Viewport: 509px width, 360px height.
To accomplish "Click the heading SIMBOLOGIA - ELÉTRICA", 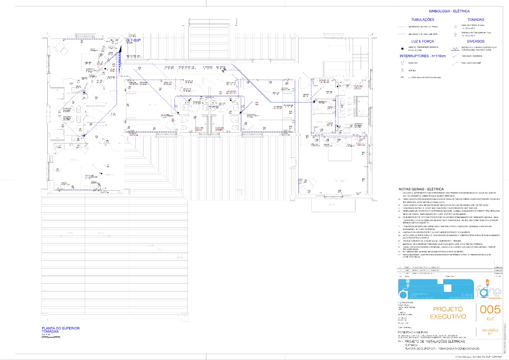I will [x=449, y=11].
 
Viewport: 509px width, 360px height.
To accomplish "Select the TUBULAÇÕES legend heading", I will [x=423, y=19].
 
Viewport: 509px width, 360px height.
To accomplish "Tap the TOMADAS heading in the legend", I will [x=476, y=19].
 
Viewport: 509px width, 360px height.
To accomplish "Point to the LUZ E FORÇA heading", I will [x=422, y=41].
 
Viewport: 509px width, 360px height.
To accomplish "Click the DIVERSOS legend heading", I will [x=476, y=41].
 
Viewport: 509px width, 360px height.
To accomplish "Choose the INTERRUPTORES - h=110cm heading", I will [x=423, y=56].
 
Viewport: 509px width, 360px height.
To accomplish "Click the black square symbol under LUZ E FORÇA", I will [x=402, y=48].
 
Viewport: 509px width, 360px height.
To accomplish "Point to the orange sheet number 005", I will [x=490, y=309].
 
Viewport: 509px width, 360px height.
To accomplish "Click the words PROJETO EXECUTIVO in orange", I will [x=448, y=313].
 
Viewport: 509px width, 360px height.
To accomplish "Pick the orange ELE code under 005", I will [x=490, y=319].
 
